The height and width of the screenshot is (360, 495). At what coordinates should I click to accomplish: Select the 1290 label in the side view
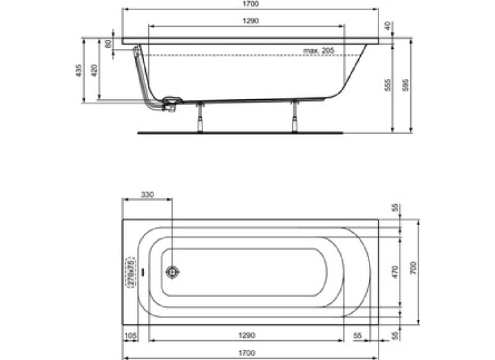251,21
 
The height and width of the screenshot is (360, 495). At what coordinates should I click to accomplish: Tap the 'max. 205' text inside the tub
319,50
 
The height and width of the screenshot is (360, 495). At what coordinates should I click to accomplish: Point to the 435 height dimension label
79,70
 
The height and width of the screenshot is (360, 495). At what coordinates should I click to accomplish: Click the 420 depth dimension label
94,70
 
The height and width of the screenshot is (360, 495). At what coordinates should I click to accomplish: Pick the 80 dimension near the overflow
108,45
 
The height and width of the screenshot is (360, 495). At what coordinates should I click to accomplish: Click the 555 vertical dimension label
388,85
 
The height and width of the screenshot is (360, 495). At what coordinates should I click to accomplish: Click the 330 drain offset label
147,195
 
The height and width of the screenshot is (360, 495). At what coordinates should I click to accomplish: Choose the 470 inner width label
396,272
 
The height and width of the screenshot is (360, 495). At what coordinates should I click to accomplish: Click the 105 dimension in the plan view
130,335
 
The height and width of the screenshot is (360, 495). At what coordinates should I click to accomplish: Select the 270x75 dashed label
130,272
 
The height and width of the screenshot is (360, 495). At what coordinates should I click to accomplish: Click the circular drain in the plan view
172,272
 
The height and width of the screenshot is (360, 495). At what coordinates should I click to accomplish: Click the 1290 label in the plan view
247,335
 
